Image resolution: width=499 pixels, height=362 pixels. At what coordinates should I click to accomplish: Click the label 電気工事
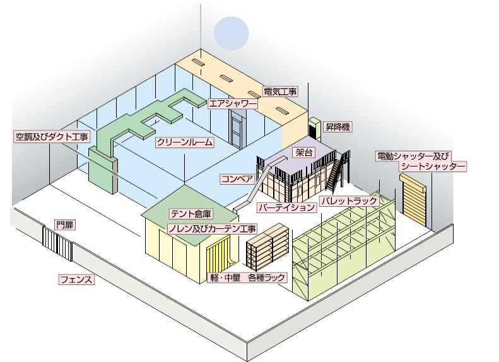click(280, 91)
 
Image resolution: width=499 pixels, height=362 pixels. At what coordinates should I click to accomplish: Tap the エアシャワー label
click(232, 103)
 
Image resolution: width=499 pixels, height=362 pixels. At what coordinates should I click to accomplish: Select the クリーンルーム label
click(185, 143)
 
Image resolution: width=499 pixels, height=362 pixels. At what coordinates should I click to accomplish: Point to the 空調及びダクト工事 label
click(52, 136)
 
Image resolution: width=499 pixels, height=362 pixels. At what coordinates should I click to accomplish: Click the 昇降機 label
click(338, 127)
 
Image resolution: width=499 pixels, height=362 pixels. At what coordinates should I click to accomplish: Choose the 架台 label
click(304, 153)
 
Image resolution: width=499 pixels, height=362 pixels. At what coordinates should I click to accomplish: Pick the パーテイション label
click(286, 207)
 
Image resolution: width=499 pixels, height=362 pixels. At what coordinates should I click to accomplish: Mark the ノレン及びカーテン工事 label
click(211, 228)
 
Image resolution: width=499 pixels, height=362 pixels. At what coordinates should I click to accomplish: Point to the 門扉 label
click(64, 225)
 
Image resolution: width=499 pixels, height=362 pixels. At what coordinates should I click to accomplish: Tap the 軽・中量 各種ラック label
click(247, 277)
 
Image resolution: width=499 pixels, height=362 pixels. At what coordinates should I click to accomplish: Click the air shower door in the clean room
click(238, 129)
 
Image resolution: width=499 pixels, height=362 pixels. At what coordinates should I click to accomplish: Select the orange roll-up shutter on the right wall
click(414, 197)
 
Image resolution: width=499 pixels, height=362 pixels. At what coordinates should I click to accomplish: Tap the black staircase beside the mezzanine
click(337, 170)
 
